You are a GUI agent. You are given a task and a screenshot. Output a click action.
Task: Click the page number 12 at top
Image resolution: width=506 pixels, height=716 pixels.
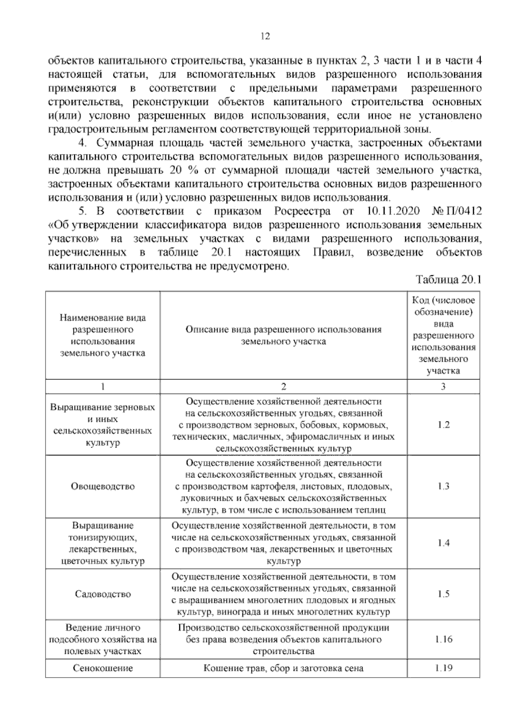coord(265,36)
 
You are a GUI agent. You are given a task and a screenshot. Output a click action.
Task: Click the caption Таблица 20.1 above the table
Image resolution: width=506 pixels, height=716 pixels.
coord(448,280)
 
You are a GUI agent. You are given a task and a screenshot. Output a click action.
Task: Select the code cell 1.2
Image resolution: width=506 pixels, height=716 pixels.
coord(443,425)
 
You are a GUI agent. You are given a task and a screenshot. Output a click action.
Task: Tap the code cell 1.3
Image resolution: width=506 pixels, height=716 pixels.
coord(443,486)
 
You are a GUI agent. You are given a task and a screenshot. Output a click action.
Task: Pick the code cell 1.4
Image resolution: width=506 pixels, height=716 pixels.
coord(443,543)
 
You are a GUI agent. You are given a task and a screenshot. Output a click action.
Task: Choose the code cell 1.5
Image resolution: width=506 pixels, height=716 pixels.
coord(443,594)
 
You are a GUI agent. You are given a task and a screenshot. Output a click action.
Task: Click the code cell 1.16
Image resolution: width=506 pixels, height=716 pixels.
coord(443,639)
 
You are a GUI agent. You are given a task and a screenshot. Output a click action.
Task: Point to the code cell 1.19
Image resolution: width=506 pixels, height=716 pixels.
coord(443,668)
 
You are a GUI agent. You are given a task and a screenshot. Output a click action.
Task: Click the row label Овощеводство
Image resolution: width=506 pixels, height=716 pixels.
coord(103,486)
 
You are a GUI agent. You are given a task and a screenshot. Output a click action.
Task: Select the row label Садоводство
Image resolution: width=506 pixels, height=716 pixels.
coord(103,594)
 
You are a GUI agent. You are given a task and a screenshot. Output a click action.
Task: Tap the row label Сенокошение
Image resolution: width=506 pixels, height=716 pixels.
coord(103,668)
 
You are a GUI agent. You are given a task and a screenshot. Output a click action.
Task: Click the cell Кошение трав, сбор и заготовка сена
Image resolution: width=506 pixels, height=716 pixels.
coord(283,668)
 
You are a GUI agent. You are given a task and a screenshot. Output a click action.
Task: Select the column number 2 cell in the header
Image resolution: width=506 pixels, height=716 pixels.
coord(283,386)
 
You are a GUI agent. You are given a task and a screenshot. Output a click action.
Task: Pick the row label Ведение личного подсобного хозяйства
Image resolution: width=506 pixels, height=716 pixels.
coord(103,639)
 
